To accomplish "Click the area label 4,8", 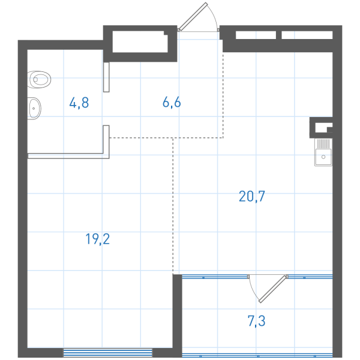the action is click(x=79, y=103).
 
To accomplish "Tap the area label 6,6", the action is click(x=172, y=102).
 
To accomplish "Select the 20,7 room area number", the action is click(x=252, y=197).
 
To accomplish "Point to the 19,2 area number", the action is click(x=98, y=239).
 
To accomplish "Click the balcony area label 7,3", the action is click(x=256, y=321).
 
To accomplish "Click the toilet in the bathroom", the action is click(x=39, y=79).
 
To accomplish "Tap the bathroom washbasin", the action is click(x=34, y=109).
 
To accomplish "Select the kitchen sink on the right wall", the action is click(x=323, y=152).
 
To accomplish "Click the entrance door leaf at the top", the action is click(x=193, y=17).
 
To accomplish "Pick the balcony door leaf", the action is click(x=273, y=289).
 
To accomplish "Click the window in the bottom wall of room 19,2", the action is click(x=107, y=353).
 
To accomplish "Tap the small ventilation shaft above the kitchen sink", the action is click(x=321, y=128).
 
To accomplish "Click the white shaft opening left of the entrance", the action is click(x=140, y=41).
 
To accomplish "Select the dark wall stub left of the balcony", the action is click(x=177, y=316).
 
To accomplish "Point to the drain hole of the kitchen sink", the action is click(x=323, y=157).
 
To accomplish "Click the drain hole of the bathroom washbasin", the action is click(x=34, y=109).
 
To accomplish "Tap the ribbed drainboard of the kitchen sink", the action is click(x=323, y=143).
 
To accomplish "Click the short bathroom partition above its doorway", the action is click(x=106, y=77).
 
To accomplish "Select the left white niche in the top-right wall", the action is click(x=256, y=35).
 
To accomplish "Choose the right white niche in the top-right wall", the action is click(x=307, y=35).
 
